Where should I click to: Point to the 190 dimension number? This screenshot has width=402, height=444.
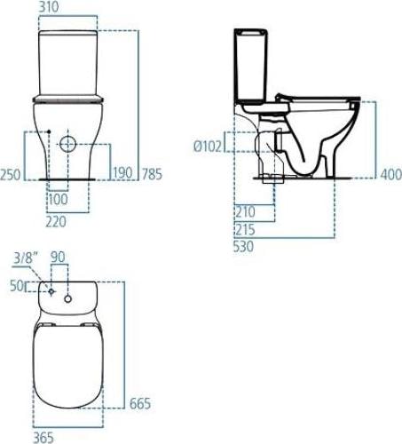coord(122,173)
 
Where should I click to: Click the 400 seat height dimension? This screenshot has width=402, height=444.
coord(390,174)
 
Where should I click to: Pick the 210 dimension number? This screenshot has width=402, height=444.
coord(246,211)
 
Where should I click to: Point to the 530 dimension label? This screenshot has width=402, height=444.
coord(246,246)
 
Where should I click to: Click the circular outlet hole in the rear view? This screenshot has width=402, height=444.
coord(68,144)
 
